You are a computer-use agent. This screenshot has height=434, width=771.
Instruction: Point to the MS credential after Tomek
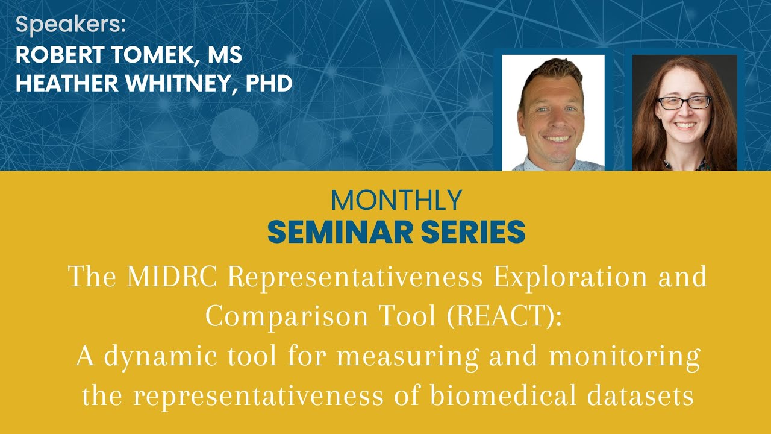[x=225, y=55]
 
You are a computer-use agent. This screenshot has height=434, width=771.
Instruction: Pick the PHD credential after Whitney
[x=269, y=83]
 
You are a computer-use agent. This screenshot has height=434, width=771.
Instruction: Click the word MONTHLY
[x=396, y=200]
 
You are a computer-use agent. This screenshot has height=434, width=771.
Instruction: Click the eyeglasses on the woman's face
[x=684, y=102]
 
